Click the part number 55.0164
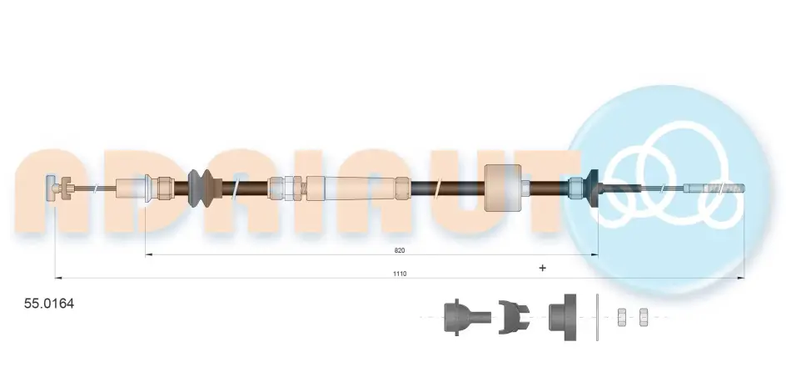pos(49,304)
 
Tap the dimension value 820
pos(400,250)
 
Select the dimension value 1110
pos(400,274)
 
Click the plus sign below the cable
pos(542,268)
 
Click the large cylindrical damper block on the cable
pos(502,188)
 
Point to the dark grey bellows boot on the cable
pos(201,188)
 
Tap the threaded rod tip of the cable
pos(715,189)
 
